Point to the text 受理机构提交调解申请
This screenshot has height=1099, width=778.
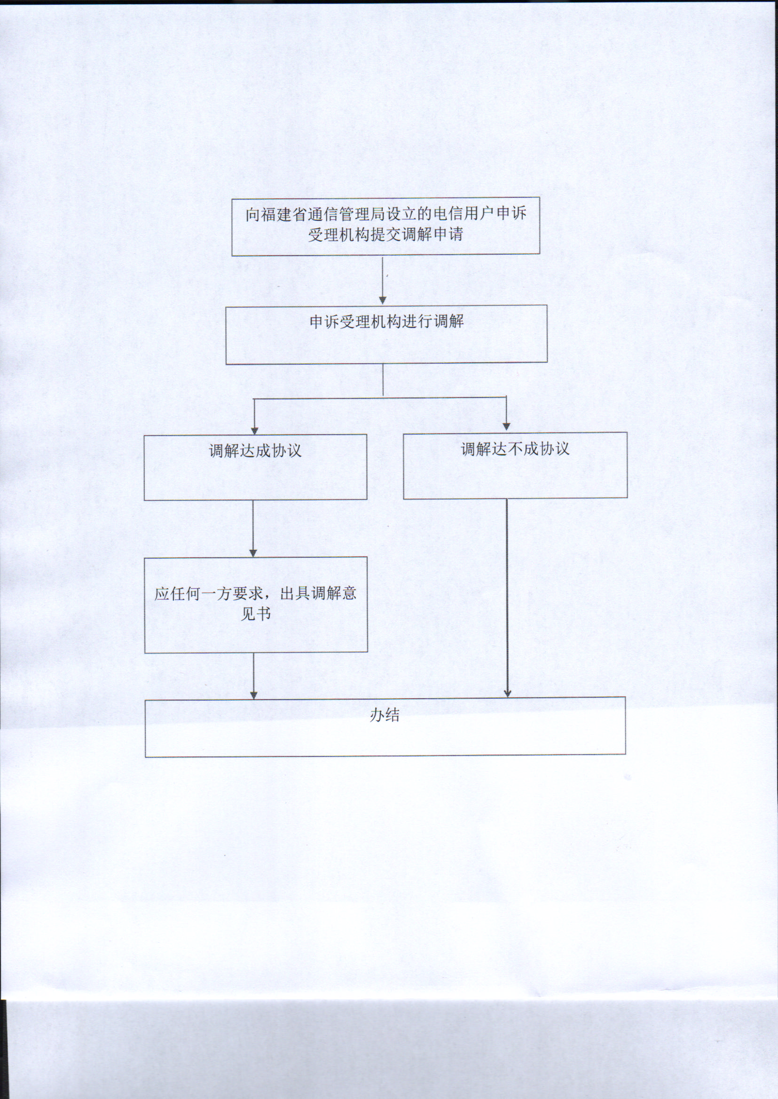(385, 234)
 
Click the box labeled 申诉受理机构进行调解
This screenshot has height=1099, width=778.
(386, 334)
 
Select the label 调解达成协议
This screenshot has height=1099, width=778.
(255, 451)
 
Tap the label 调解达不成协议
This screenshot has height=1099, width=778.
(515, 449)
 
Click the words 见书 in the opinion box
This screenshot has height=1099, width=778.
(255, 614)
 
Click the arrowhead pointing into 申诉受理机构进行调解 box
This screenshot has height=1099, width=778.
(383, 300)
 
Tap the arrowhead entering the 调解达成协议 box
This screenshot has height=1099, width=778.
(254, 429)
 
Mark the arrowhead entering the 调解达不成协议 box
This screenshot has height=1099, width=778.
(506, 427)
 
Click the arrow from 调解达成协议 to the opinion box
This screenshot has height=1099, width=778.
(253, 529)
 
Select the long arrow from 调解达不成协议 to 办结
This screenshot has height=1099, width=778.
(507, 598)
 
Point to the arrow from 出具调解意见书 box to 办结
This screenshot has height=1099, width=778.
(254, 676)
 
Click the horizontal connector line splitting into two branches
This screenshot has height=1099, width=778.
(380, 397)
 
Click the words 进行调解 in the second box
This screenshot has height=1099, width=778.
(433, 321)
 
